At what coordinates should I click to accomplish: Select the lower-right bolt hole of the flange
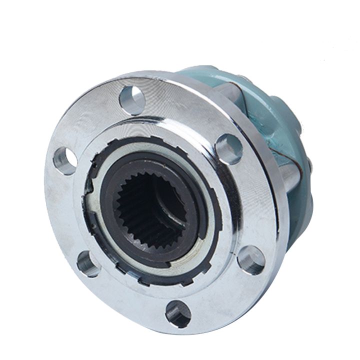251,259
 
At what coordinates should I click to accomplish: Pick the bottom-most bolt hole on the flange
178,313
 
